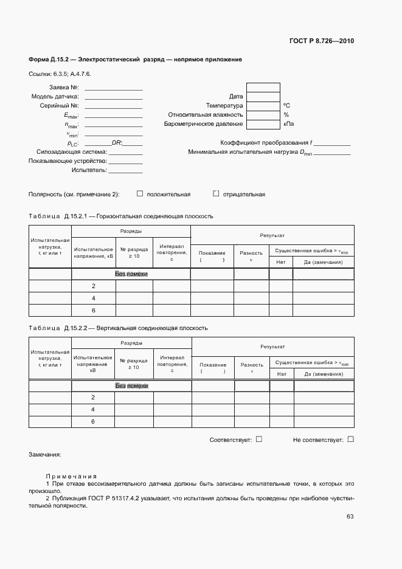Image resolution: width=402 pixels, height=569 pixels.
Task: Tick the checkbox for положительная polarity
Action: [x=140, y=194]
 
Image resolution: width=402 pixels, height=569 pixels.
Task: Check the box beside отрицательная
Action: [x=216, y=194]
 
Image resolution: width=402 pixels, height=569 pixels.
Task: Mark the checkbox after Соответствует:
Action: [x=259, y=439]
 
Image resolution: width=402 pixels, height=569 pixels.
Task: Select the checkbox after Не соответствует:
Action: [x=350, y=439]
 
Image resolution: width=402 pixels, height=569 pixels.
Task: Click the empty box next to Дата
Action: [x=263, y=96]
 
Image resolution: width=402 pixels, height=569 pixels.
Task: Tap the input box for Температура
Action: [x=263, y=105]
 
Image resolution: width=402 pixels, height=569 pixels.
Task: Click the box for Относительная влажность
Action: [x=263, y=114]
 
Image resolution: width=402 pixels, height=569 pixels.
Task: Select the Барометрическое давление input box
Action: [x=263, y=123]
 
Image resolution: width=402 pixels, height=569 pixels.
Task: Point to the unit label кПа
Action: [x=288, y=124]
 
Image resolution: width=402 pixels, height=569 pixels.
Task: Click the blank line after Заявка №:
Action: [x=114, y=88]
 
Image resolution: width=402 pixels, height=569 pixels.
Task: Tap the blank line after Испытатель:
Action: [x=126, y=171]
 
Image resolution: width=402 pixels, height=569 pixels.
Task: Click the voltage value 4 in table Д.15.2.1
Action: [x=94, y=298]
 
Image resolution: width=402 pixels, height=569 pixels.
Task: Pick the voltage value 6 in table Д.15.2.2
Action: [x=94, y=421]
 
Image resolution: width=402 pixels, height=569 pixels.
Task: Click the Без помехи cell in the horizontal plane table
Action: [x=131, y=274]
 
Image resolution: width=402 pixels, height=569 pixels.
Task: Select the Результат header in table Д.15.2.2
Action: [x=272, y=347]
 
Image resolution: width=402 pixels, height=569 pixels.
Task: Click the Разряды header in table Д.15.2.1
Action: [x=131, y=232]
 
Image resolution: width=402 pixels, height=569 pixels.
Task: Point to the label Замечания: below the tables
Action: [x=45, y=455]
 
